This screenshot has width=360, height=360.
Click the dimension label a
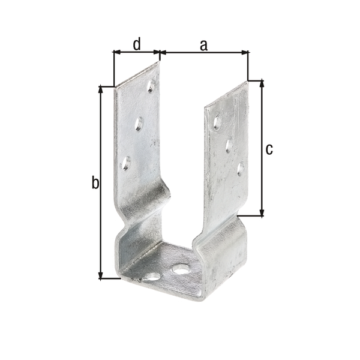coord(203,44)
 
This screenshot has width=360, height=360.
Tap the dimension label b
coord(95,183)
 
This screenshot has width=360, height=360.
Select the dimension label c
coord(269,148)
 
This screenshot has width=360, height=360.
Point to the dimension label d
coord(136,44)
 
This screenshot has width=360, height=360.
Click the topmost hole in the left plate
coord(151,88)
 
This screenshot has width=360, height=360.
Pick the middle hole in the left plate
coord(139,125)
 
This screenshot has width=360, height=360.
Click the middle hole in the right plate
coord(229,145)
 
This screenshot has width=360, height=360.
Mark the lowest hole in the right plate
coord(241,169)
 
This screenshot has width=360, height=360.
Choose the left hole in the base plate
coord(152,277)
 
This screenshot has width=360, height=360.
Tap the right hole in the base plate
coord(180,269)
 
